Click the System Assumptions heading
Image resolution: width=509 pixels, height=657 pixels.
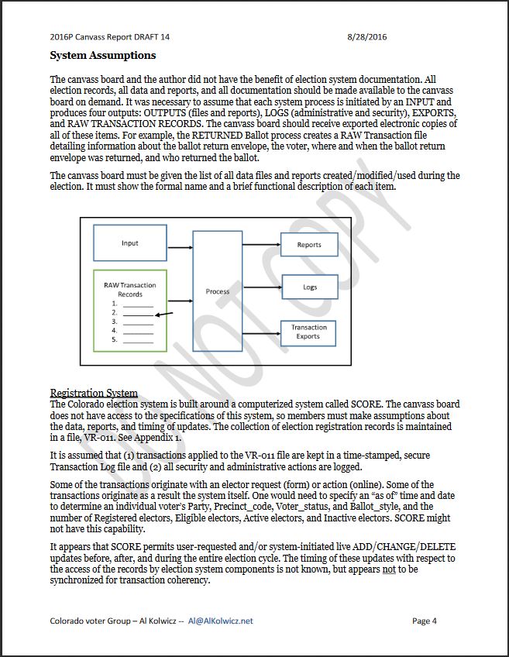(x=102, y=56)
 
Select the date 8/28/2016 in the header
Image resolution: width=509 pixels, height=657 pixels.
(x=367, y=36)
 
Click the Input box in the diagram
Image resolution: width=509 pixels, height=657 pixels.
(x=129, y=243)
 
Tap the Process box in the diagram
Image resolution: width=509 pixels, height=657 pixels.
(x=218, y=291)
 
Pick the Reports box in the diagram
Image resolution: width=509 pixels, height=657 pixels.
(x=309, y=245)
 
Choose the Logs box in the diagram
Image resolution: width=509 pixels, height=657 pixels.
(x=309, y=287)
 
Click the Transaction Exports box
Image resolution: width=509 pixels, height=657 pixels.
(x=308, y=332)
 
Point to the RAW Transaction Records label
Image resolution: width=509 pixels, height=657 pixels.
(x=129, y=290)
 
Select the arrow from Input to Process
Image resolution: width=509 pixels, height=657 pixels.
(x=180, y=247)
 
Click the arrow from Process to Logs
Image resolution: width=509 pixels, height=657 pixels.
(x=261, y=287)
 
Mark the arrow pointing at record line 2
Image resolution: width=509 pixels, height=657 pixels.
(x=163, y=315)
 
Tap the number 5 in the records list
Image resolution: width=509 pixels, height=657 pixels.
(x=114, y=339)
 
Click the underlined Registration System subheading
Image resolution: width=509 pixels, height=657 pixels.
(x=94, y=394)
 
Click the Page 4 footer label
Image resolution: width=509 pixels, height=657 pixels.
(x=425, y=621)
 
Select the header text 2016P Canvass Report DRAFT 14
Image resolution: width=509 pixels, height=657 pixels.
(x=109, y=36)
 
